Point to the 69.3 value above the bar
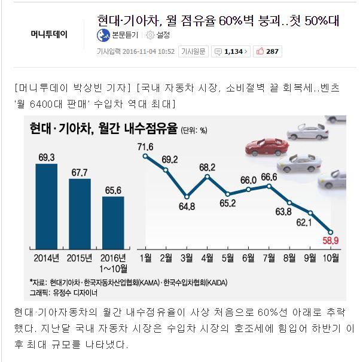click(46, 157)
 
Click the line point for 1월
click(145, 156)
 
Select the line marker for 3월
click(187, 196)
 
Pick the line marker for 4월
click(207, 177)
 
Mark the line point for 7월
click(269, 185)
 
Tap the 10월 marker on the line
click(332, 232)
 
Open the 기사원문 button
click(194, 51)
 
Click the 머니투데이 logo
click(49, 34)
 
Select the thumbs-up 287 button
click(268, 51)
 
